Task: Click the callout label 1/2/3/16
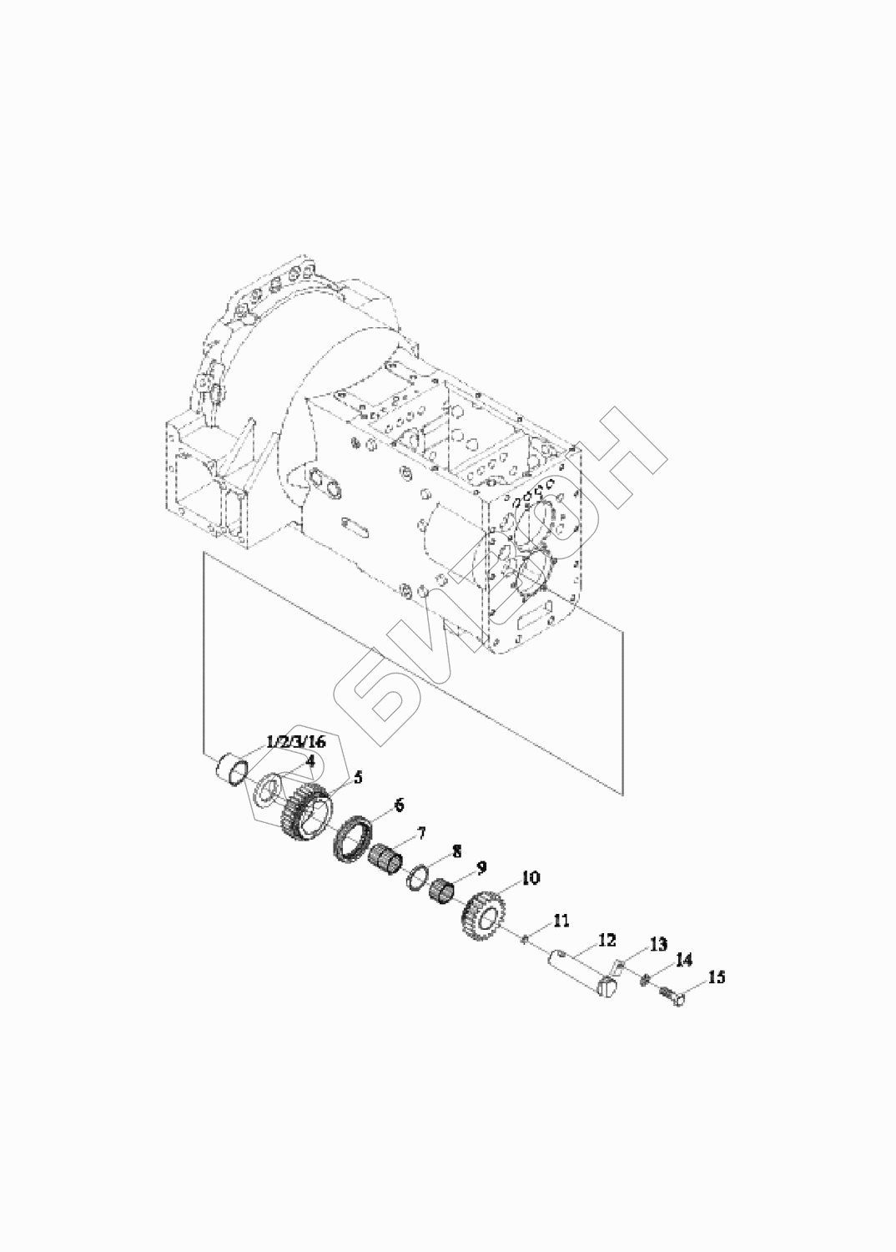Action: point(296,742)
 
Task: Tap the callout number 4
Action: point(310,760)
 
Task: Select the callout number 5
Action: point(358,777)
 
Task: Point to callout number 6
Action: point(398,805)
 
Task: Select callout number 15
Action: point(717,977)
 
